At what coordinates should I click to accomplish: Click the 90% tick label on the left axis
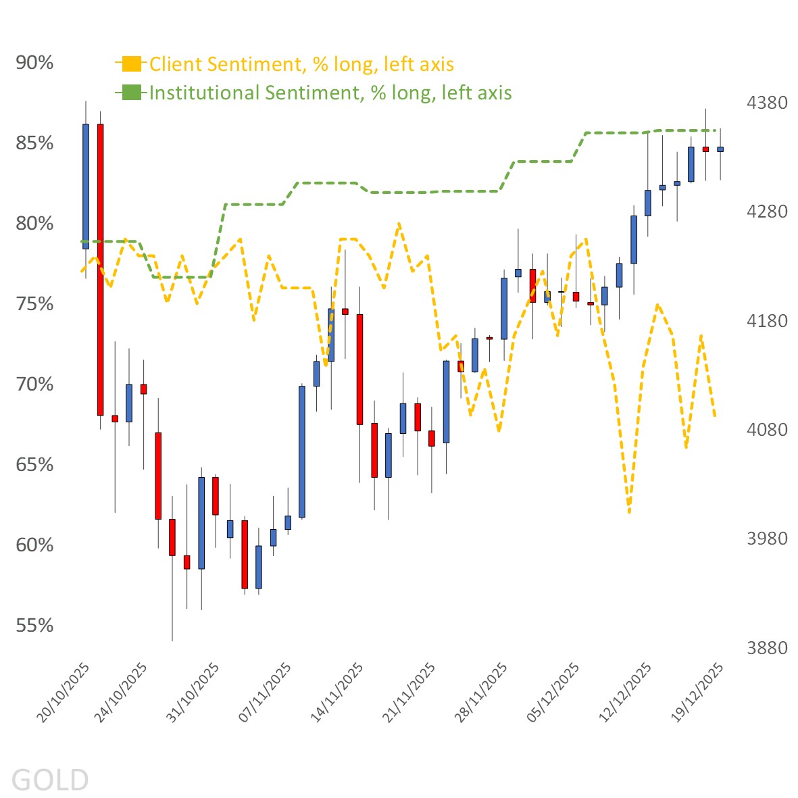[x=34, y=63]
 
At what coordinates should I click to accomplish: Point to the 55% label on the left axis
[x=34, y=626]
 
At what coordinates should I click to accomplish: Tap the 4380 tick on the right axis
[x=767, y=103]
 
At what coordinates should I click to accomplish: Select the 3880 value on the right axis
[x=767, y=648]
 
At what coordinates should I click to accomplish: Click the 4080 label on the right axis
[x=767, y=430]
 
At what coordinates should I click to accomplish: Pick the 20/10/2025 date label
[x=64, y=692]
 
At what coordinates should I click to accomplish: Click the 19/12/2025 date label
[x=698, y=692]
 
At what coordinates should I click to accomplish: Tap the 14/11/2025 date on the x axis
[x=336, y=692]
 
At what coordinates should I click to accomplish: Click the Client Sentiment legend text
[x=301, y=64]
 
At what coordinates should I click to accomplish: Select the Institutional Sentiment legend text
[x=330, y=93]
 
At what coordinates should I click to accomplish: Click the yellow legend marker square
[x=132, y=64]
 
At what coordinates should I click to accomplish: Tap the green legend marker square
[x=132, y=93]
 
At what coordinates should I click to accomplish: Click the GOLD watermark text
[x=50, y=780]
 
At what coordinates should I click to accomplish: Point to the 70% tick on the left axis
[x=34, y=384]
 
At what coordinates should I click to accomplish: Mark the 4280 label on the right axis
[x=767, y=211]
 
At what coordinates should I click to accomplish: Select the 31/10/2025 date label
[x=193, y=692]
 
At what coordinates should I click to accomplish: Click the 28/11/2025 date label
[x=481, y=692]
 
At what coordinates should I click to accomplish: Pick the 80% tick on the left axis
[x=34, y=224]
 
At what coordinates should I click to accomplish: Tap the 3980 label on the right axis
[x=767, y=539]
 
